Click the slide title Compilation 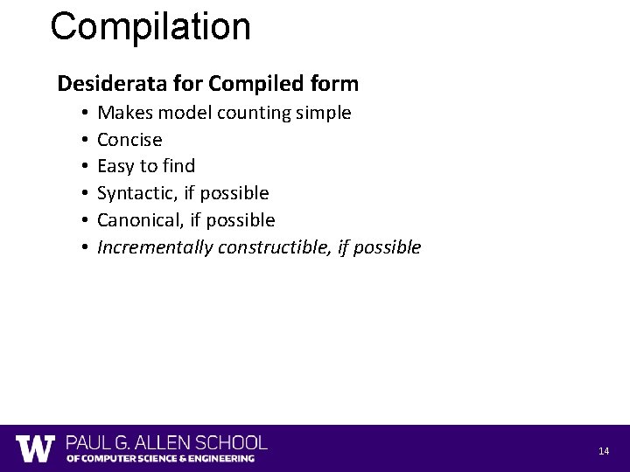150,27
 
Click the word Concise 129,140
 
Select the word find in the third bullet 178,166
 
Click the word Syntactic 136,193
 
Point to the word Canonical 139,220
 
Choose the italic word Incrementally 155,247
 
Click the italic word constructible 274,247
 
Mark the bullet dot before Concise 80,140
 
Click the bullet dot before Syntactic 80,193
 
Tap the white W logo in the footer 36,448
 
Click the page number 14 604,451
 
